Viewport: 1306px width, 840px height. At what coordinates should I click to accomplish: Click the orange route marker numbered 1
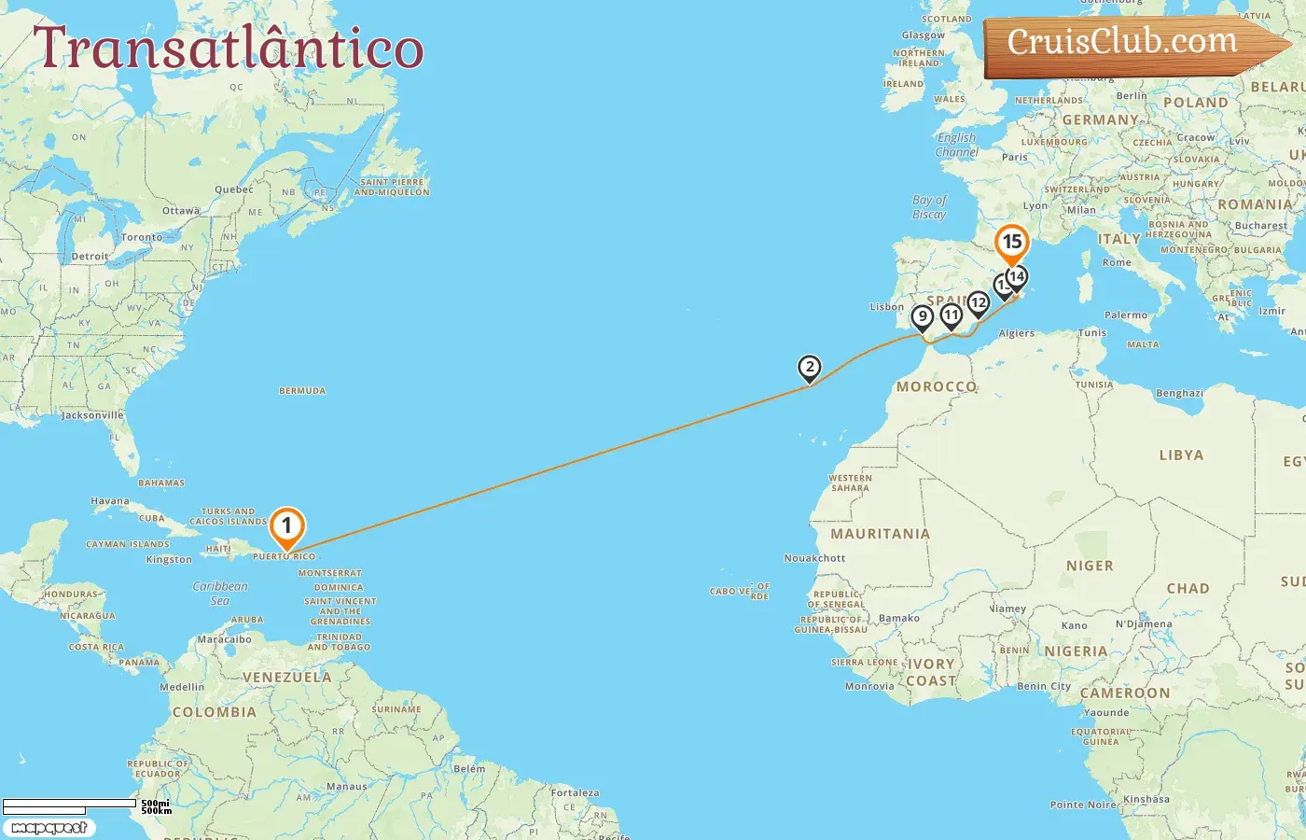tap(286, 526)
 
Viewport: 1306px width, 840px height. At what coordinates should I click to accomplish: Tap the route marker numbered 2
tap(810, 368)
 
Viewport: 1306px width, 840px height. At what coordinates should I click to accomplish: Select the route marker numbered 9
tap(923, 317)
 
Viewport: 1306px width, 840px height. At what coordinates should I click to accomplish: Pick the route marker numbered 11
tap(951, 315)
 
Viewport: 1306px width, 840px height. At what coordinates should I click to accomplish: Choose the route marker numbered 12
tap(978, 303)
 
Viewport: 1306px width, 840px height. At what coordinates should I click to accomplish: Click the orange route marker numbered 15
tap(1012, 243)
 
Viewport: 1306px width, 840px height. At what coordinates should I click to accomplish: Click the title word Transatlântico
tap(229, 49)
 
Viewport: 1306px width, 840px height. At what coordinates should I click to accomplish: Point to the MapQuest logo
tap(49, 828)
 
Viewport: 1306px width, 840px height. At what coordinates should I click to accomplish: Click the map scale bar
tap(70, 805)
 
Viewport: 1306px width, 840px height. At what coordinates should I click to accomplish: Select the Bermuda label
tap(302, 391)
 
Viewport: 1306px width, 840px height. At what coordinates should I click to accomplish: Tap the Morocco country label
tap(936, 386)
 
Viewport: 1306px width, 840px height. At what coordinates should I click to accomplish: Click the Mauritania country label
tap(880, 534)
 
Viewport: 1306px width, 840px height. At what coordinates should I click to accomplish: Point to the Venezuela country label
tap(286, 678)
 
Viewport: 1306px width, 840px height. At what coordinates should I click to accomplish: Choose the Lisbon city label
tap(886, 307)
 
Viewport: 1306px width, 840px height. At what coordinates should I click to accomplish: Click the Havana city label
tap(110, 501)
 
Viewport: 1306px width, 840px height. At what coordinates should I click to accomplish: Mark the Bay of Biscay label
tap(929, 207)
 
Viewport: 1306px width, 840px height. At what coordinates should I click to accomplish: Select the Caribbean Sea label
tap(220, 594)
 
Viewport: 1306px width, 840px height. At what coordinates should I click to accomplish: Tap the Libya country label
tap(1181, 455)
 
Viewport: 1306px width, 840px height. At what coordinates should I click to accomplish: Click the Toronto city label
tap(142, 237)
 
